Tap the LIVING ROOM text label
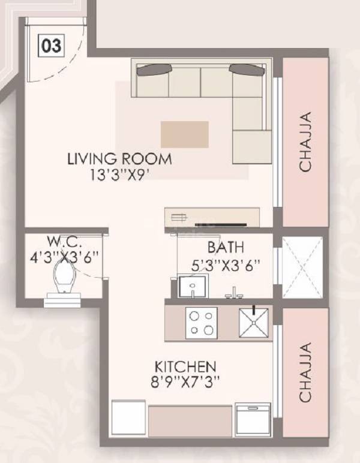point(119,160)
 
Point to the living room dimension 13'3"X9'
point(119,176)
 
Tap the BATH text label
point(226,246)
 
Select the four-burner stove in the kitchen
point(200,323)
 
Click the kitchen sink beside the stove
point(254,323)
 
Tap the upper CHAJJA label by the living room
point(305,142)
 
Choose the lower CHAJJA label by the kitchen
point(305,372)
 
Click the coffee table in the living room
point(184,134)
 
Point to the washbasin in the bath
point(191,286)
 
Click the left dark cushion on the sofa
point(152,70)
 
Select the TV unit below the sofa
point(212,217)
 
